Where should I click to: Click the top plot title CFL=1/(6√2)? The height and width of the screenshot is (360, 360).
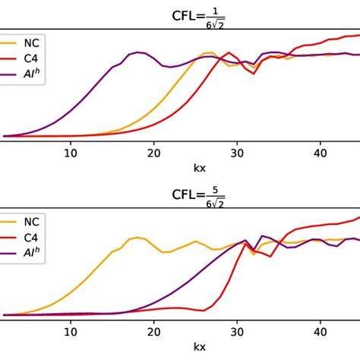click(x=198, y=17)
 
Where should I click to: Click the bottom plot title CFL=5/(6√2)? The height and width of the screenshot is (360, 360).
click(x=198, y=196)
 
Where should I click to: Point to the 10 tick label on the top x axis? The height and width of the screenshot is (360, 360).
click(x=71, y=153)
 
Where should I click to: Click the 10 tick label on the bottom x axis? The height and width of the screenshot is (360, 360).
click(x=71, y=332)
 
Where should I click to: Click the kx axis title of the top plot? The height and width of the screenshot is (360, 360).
click(x=199, y=167)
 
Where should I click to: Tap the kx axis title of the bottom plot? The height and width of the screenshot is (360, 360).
click(x=199, y=347)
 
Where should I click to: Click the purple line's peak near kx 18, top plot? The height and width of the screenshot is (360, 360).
click(x=137, y=52)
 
